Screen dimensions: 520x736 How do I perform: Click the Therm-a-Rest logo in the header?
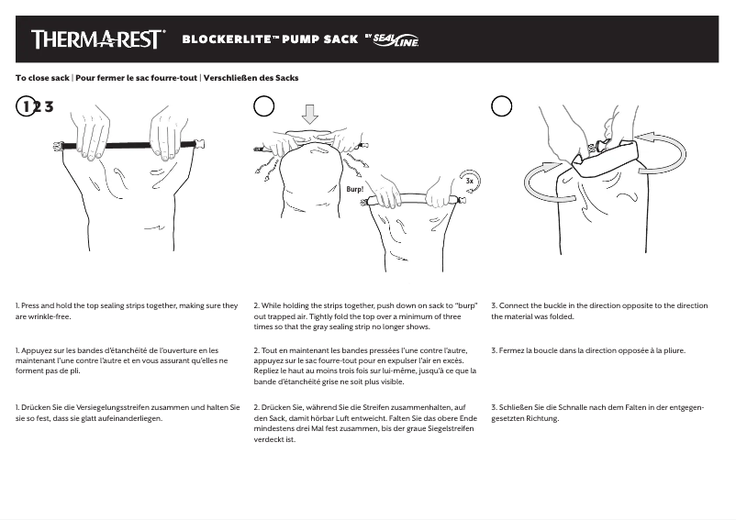(x=98, y=39)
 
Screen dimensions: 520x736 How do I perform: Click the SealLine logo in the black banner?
(x=393, y=39)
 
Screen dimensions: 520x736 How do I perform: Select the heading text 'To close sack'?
(x=42, y=78)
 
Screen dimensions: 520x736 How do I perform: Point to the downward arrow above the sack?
(x=309, y=114)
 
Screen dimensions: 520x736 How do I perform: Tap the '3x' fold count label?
(x=469, y=181)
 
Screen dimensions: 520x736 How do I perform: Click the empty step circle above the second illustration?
(x=263, y=106)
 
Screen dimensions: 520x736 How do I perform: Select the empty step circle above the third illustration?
(x=501, y=106)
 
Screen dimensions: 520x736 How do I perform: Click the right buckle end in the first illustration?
(x=196, y=144)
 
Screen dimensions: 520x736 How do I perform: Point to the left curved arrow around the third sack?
(x=547, y=174)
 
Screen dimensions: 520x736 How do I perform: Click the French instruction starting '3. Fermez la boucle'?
(x=588, y=350)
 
